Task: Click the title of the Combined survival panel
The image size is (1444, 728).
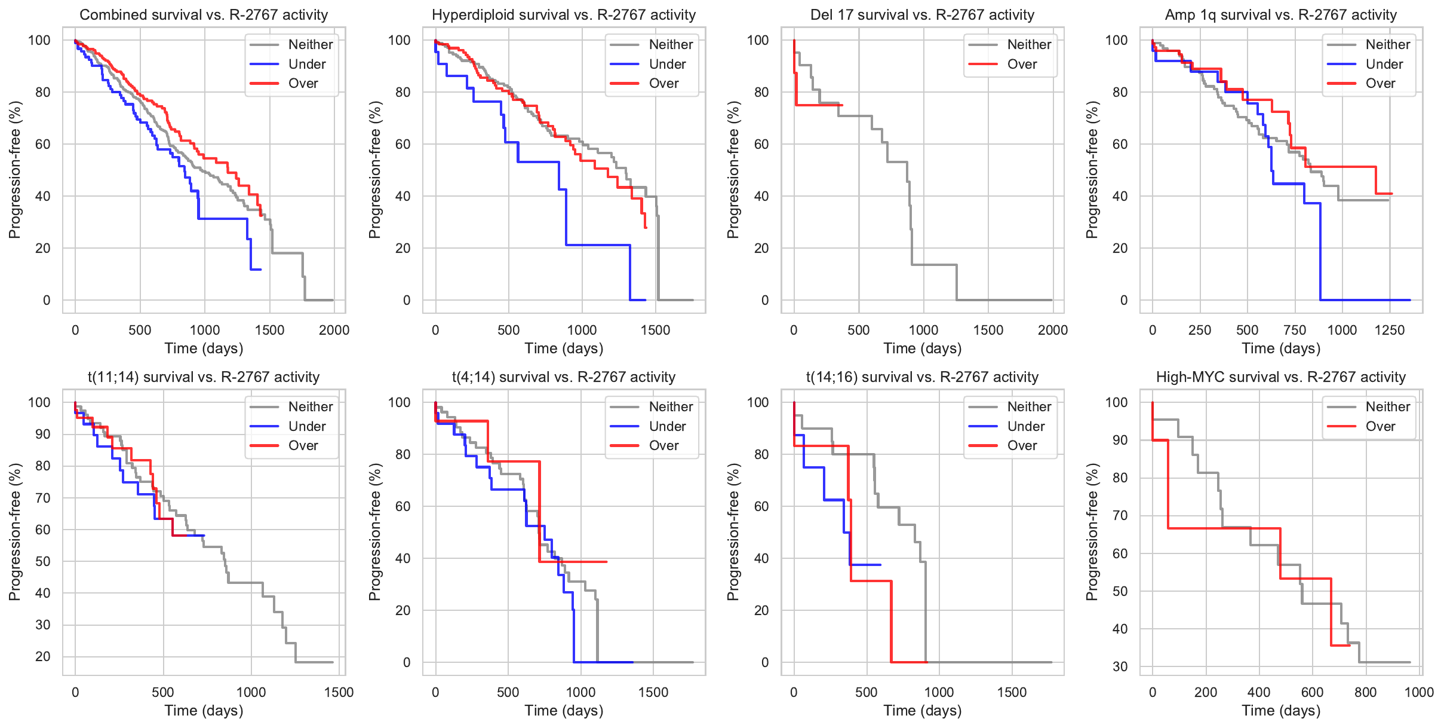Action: pos(204,15)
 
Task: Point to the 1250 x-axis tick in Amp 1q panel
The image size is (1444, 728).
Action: pos(1389,330)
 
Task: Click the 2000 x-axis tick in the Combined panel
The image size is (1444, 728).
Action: pos(334,330)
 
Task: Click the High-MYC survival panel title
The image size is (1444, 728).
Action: pos(1280,377)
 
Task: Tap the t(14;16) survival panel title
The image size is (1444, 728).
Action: pos(922,377)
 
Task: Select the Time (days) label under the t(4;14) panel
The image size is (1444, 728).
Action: pos(564,710)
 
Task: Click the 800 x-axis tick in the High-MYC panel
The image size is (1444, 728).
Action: pos(1365,692)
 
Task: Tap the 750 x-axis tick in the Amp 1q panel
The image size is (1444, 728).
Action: pos(1295,330)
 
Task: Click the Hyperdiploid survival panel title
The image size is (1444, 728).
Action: pos(564,15)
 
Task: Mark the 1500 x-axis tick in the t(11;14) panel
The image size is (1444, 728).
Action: pos(339,692)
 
